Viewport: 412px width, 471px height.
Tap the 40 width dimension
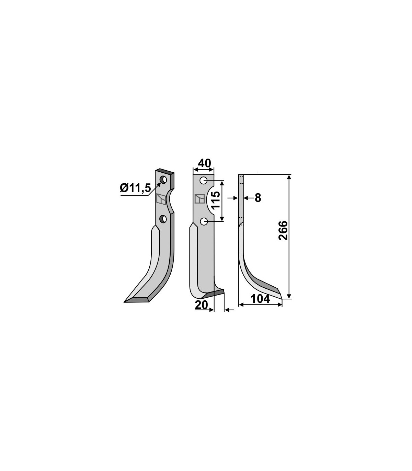(x=204, y=163)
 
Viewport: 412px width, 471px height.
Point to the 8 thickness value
(x=258, y=198)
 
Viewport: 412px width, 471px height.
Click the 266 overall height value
(x=283, y=230)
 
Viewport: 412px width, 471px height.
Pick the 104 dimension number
(x=260, y=299)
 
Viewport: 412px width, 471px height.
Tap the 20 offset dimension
(x=202, y=305)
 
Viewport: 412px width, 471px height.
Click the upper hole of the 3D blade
(x=164, y=180)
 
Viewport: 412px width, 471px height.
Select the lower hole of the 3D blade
(x=163, y=219)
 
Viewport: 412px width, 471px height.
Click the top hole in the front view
(x=204, y=181)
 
